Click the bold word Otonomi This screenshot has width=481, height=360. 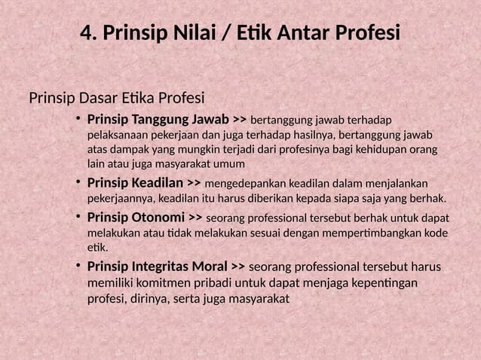click(156, 218)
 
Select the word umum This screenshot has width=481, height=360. click(230, 163)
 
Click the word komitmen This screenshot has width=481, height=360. click(164, 283)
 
